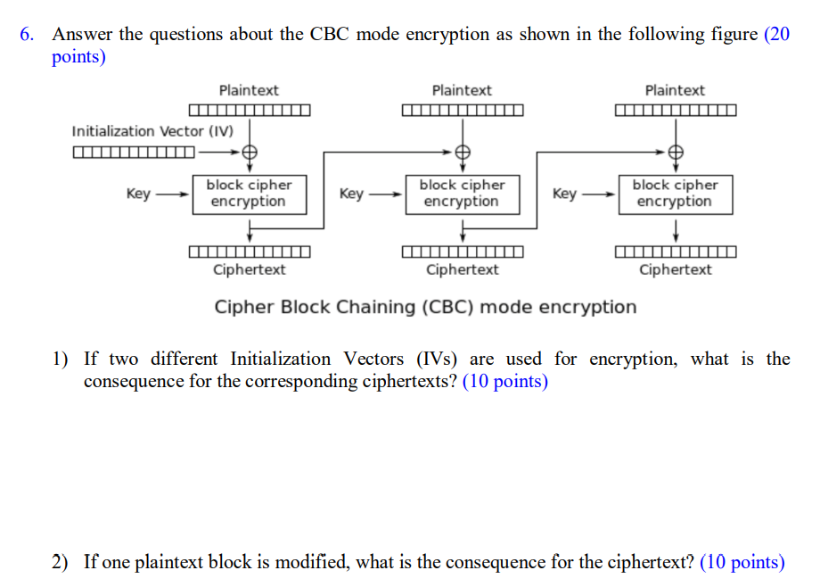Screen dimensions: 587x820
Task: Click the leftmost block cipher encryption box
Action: [249, 194]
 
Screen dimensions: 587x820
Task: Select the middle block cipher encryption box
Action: [462, 194]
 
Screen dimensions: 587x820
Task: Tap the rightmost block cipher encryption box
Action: [675, 194]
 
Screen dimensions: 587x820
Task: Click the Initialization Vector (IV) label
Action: [152, 131]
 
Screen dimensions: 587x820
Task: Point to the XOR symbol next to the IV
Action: [250, 152]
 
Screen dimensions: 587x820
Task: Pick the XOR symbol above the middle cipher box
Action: [463, 152]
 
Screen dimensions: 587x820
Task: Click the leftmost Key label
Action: [138, 194]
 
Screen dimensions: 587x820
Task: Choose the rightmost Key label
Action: [564, 194]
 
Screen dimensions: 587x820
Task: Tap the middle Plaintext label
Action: [462, 90]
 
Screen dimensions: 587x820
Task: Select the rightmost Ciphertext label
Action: [675, 269]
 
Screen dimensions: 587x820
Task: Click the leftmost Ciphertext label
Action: [249, 269]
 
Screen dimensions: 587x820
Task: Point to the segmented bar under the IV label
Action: [134, 152]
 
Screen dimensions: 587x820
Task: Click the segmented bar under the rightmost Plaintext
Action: [676, 112]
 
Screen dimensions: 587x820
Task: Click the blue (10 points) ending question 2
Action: [742, 562]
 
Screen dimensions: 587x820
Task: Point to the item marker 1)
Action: [61, 360]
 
